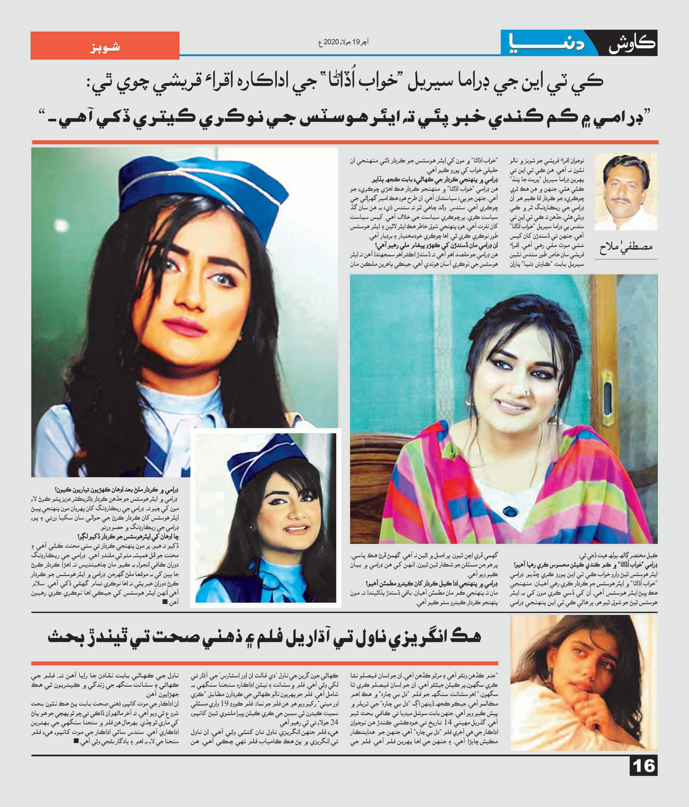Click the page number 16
tap(644, 766)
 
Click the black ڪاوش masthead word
tap(632, 44)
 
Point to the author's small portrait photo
tap(626, 192)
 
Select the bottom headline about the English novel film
tap(265, 637)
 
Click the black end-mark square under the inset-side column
tap(165, 602)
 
